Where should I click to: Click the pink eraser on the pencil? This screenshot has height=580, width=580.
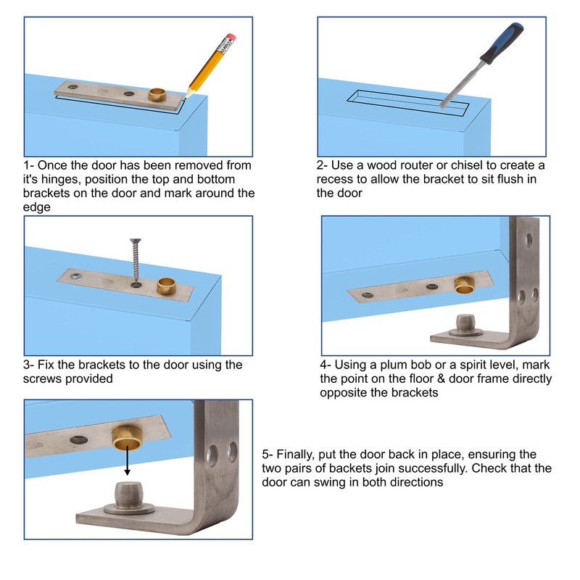click(231, 37)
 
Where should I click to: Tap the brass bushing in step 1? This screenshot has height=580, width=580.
click(158, 95)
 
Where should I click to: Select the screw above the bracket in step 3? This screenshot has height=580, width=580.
click(134, 261)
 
